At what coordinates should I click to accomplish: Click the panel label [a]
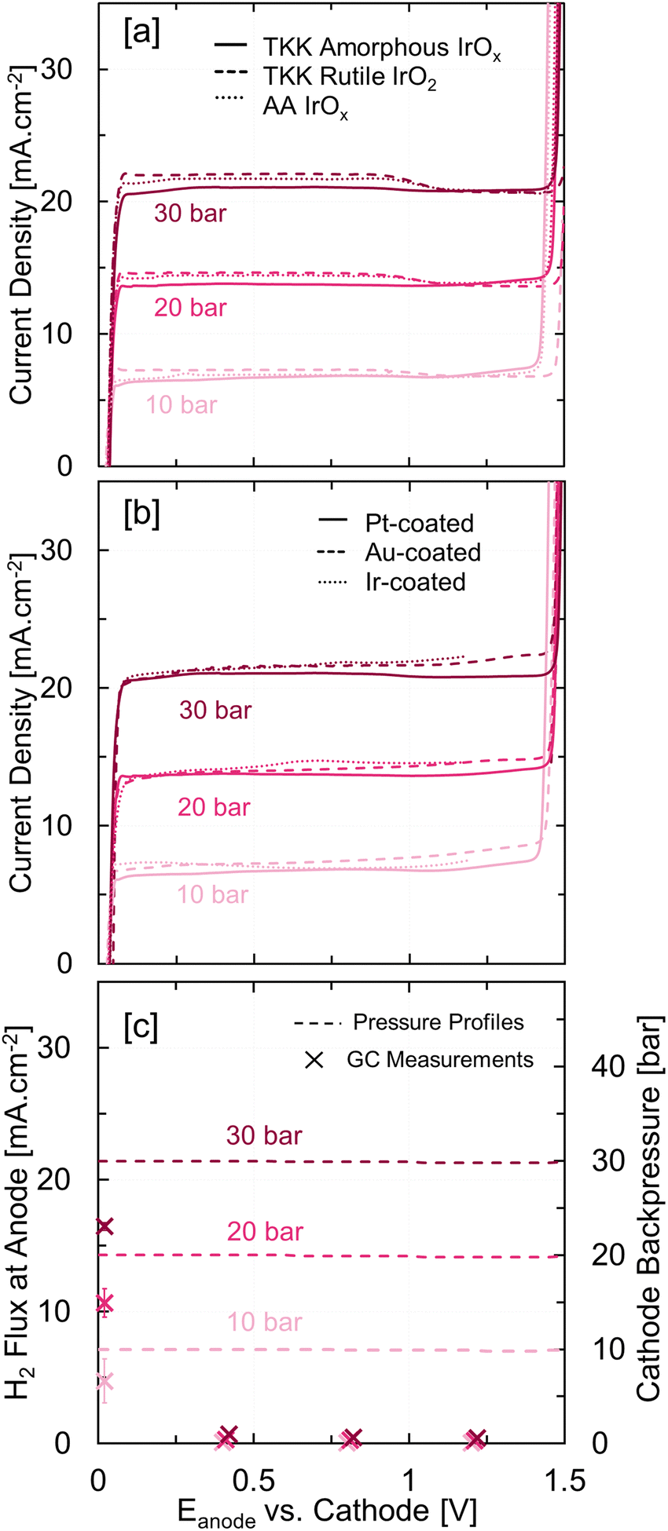coord(140,33)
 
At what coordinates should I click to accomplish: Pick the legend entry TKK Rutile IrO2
coord(350,80)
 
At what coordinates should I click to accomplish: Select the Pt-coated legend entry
coord(419,523)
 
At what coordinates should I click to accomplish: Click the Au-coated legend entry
coord(423,552)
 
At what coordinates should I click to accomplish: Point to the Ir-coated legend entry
coord(415,581)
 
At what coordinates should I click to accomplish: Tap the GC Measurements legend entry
coord(439,1059)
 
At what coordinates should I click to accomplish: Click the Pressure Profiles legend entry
coord(439,1022)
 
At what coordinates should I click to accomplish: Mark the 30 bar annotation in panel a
coord(190,214)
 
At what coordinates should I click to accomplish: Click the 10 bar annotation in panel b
coord(212,894)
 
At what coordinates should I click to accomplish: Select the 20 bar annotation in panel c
coord(265,1231)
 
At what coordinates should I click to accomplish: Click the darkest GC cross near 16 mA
coord(105,1226)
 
